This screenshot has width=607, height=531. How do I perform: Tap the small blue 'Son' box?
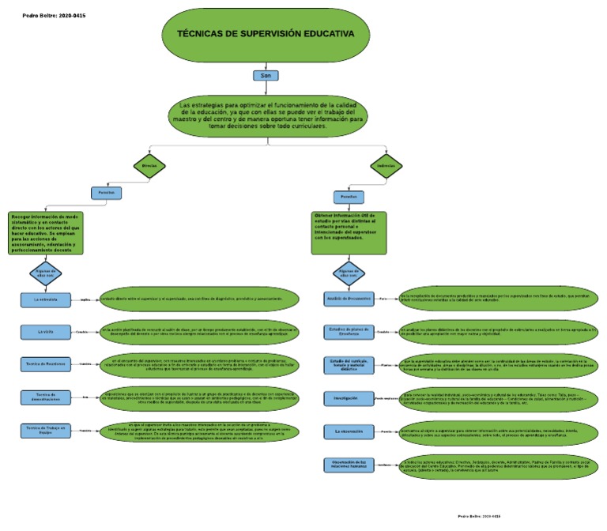pos(266,76)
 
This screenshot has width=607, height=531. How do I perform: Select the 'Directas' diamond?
pos(149,166)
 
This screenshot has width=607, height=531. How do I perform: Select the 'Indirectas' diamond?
pos(386,166)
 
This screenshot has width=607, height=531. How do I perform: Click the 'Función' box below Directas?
pos(107,192)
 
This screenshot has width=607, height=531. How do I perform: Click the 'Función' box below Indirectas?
pos(348,195)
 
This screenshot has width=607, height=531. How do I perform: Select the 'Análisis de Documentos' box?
pos(348,299)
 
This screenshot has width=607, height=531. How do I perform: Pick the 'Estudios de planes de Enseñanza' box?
pos(348,332)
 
